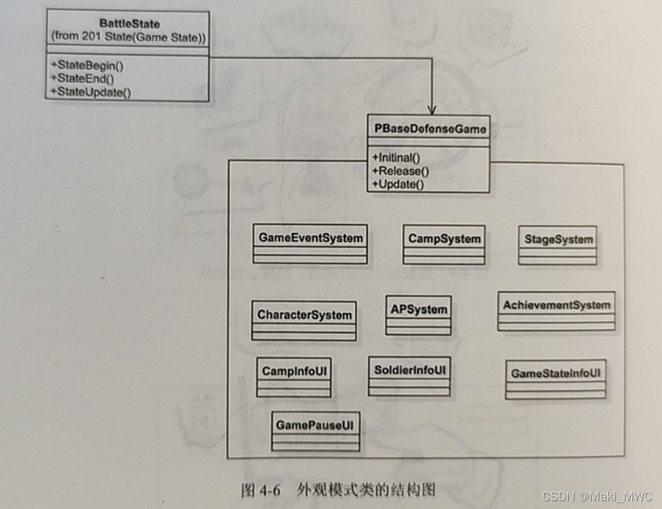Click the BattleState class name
tap(129, 24)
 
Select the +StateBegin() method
tap(87, 65)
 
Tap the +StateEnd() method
tap(82, 78)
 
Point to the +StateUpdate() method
tap(90, 92)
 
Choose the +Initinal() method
tap(396, 158)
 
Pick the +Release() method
tap(400, 171)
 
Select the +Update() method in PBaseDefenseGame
tap(398, 184)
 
